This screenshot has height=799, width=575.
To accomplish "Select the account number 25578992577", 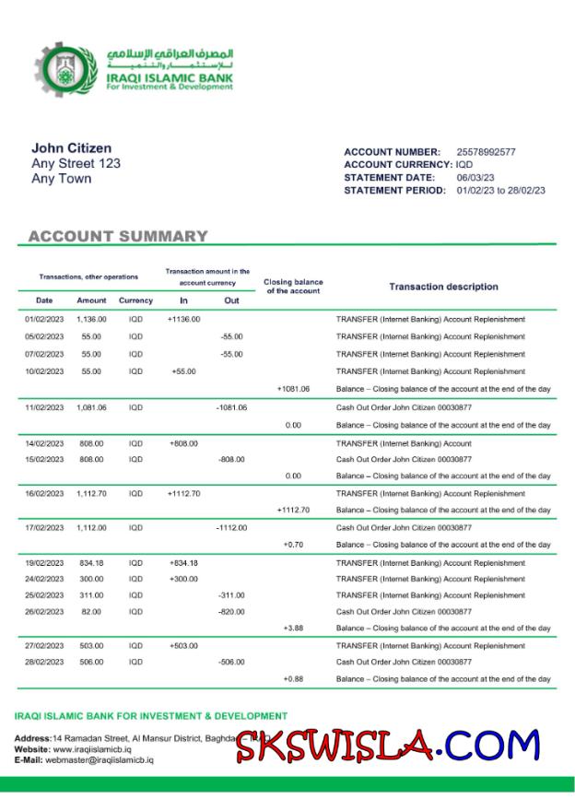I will pyautogui.click(x=486, y=152).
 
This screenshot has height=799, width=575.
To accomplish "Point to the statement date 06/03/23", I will pyautogui.click(x=475, y=178).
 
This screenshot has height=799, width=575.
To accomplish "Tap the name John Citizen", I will pyautogui.click(x=72, y=148).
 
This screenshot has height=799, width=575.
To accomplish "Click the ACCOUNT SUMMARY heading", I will pyautogui.click(x=118, y=237).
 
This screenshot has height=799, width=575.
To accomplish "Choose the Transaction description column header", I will pyautogui.click(x=443, y=287).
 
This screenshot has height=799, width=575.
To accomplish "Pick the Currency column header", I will pyautogui.click(x=135, y=300).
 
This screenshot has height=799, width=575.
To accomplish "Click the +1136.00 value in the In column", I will pyautogui.click(x=184, y=320).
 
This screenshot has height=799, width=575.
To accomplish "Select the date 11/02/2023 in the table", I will pyautogui.click(x=44, y=407).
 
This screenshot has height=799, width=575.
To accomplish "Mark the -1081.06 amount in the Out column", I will pyautogui.click(x=231, y=407).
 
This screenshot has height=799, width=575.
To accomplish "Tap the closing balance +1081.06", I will pyautogui.click(x=293, y=389).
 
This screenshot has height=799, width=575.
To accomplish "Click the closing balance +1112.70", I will pyautogui.click(x=293, y=510).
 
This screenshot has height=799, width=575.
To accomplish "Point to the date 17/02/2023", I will pyautogui.click(x=44, y=528).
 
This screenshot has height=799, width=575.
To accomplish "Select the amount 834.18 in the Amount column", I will pyautogui.click(x=91, y=563).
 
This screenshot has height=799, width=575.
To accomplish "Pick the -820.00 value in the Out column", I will pyautogui.click(x=231, y=611).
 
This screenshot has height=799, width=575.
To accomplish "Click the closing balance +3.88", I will pyautogui.click(x=293, y=629).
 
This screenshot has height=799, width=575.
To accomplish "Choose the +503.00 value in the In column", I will pyautogui.click(x=184, y=647).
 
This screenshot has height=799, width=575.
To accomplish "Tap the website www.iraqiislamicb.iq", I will pyautogui.click(x=92, y=749).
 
